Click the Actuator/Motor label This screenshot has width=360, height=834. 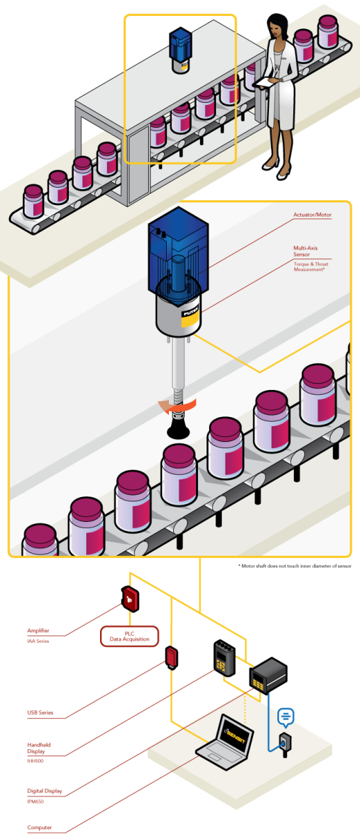[x=313, y=215]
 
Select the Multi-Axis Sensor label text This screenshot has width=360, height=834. [x=308, y=251]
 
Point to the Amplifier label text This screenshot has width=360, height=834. [x=38, y=631]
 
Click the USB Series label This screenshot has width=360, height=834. [x=40, y=713]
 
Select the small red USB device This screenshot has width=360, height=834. [x=171, y=657]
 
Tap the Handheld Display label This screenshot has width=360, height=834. [x=39, y=748]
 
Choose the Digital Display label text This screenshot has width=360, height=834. [x=44, y=790]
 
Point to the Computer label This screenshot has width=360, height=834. [x=40, y=827]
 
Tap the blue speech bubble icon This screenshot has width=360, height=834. [x=286, y=715]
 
